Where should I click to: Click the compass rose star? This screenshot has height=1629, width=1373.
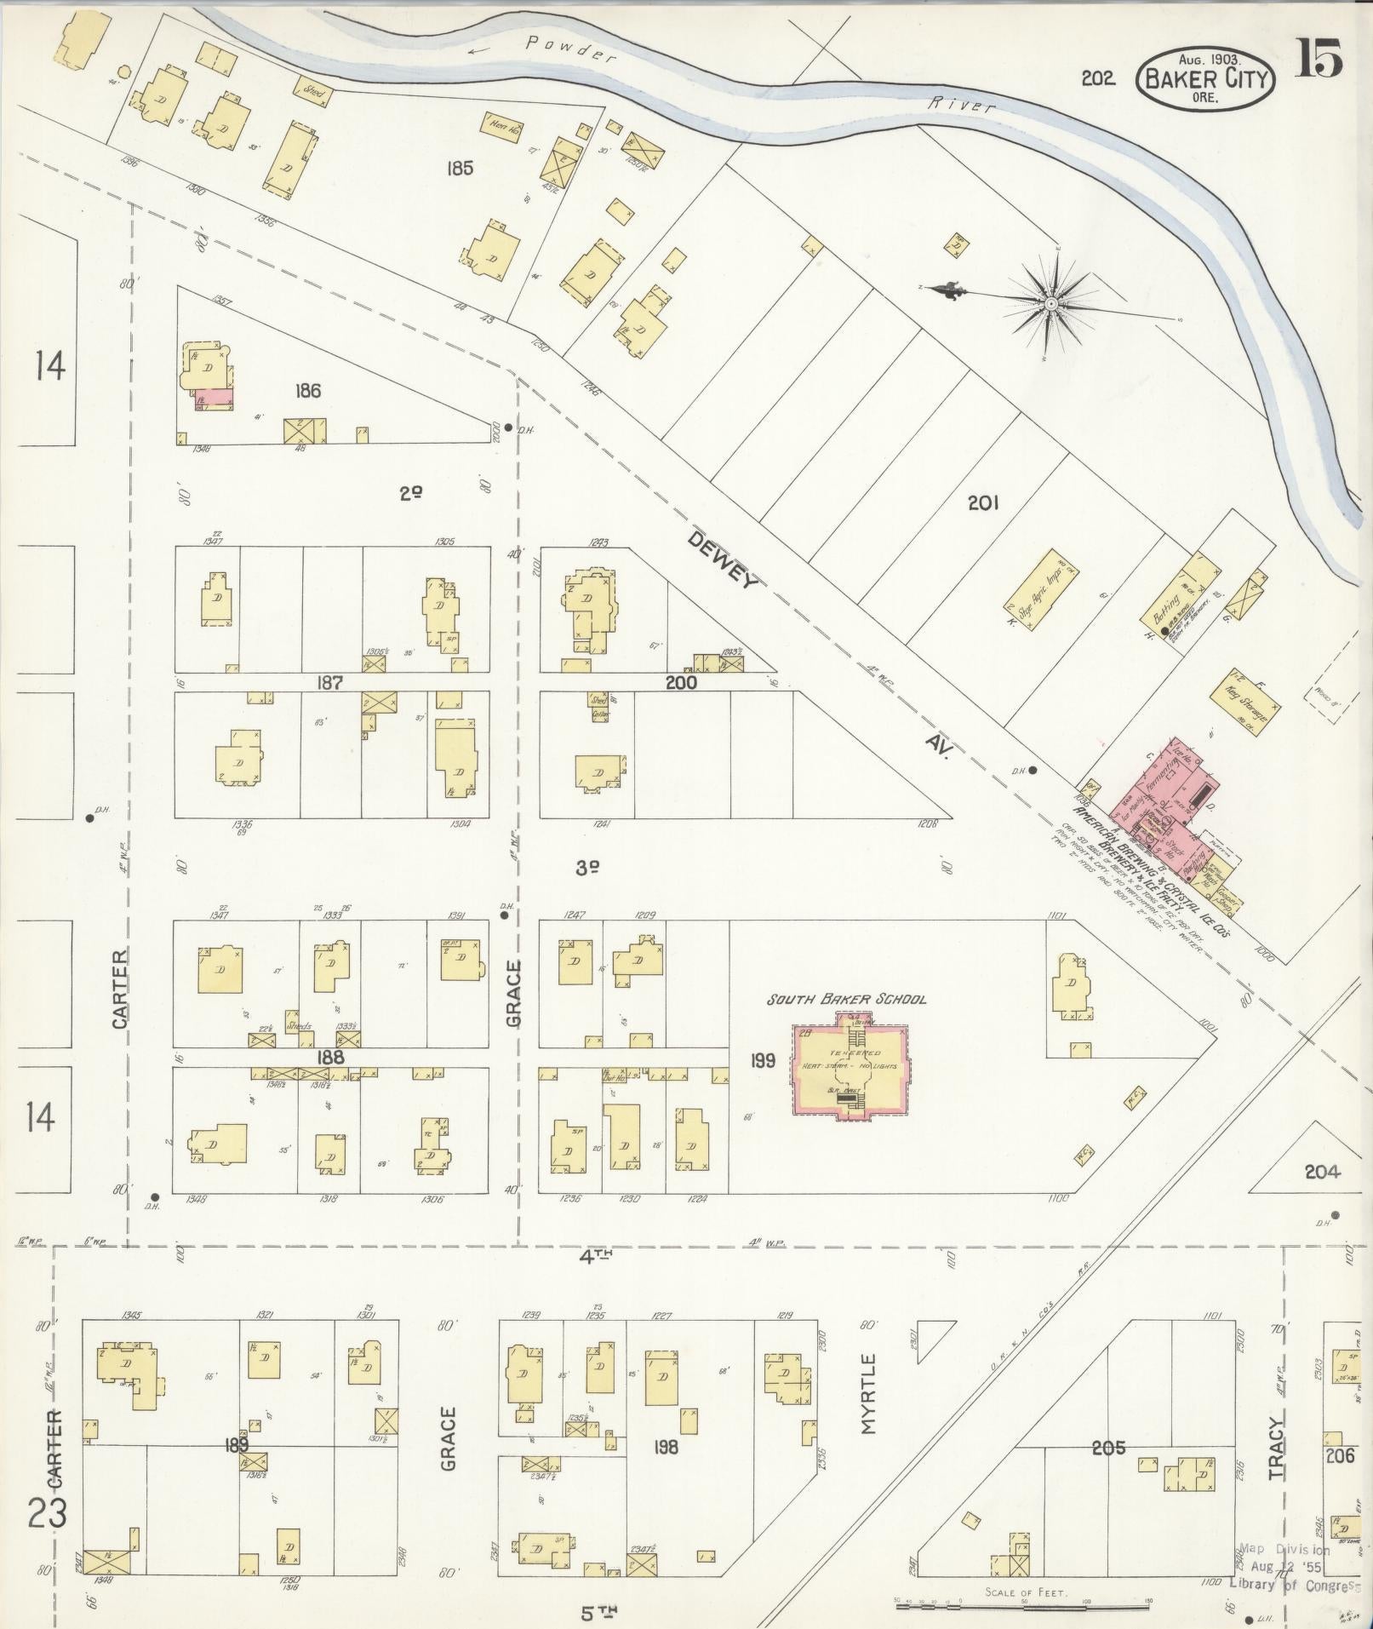coord(1051,302)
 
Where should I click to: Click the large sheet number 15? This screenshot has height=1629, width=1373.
coord(1319,58)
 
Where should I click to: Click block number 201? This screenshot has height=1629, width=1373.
coord(982,503)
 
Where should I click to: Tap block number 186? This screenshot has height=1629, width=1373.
coord(307,391)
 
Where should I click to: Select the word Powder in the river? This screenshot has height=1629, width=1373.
coord(569,49)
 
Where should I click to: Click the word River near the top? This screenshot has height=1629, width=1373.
coord(961,104)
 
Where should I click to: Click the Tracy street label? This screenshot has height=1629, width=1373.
coord(1275,1448)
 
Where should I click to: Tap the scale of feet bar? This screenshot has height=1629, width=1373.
coord(1021,1601)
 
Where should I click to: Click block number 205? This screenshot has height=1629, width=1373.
coord(1108,1447)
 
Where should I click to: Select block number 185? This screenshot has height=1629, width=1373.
coord(459,169)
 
